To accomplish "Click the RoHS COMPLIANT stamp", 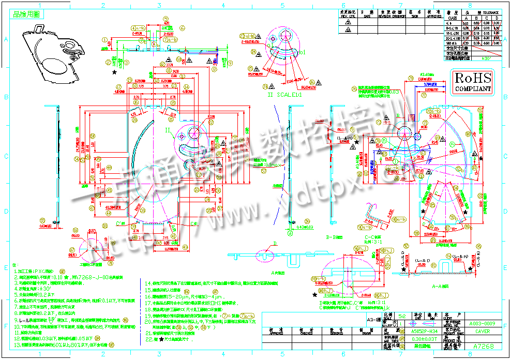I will [x=472, y=82].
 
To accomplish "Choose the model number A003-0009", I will [x=482, y=323].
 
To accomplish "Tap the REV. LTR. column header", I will [x=348, y=13].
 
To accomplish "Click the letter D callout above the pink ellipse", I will [x=275, y=243].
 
